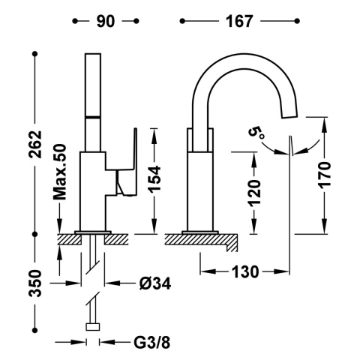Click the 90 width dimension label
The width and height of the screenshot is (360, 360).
click(x=106, y=21)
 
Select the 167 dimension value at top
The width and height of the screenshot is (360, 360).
click(x=239, y=21)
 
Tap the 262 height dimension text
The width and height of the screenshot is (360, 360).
click(x=35, y=144)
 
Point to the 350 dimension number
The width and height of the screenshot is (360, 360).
click(x=35, y=283)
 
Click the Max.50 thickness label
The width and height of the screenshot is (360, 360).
click(x=60, y=172)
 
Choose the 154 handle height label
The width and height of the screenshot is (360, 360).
click(x=154, y=179)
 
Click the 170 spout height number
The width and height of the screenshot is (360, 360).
click(x=324, y=174)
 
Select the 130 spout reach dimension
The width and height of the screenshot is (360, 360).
click(x=245, y=271)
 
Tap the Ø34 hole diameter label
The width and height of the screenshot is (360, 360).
click(x=155, y=283)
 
